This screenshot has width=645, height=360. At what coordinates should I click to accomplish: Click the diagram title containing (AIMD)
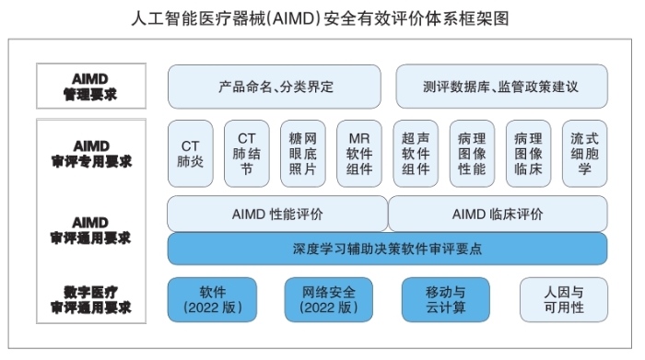click(322, 17)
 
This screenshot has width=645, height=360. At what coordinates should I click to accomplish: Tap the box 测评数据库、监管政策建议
click(501, 87)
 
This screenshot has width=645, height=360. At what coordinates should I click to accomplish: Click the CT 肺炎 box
click(190, 154)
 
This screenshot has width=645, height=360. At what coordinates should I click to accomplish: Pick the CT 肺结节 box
click(246, 154)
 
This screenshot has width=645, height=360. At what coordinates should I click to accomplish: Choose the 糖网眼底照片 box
click(302, 154)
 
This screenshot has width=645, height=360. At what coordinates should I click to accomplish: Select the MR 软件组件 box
click(359, 154)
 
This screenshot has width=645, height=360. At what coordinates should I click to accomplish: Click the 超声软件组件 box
click(416, 154)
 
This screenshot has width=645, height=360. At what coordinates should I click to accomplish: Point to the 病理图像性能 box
click(472, 154)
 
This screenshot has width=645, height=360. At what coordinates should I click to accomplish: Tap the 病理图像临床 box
click(528, 154)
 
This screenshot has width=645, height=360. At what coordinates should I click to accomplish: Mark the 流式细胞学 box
click(584, 154)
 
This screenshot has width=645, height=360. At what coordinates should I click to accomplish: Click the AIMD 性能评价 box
click(276, 214)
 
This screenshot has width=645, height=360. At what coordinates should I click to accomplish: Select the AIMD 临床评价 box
click(498, 214)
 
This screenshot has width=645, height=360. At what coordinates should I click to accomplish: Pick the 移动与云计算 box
click(444, 299)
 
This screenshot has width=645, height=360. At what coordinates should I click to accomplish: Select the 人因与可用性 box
click(563, 299)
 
